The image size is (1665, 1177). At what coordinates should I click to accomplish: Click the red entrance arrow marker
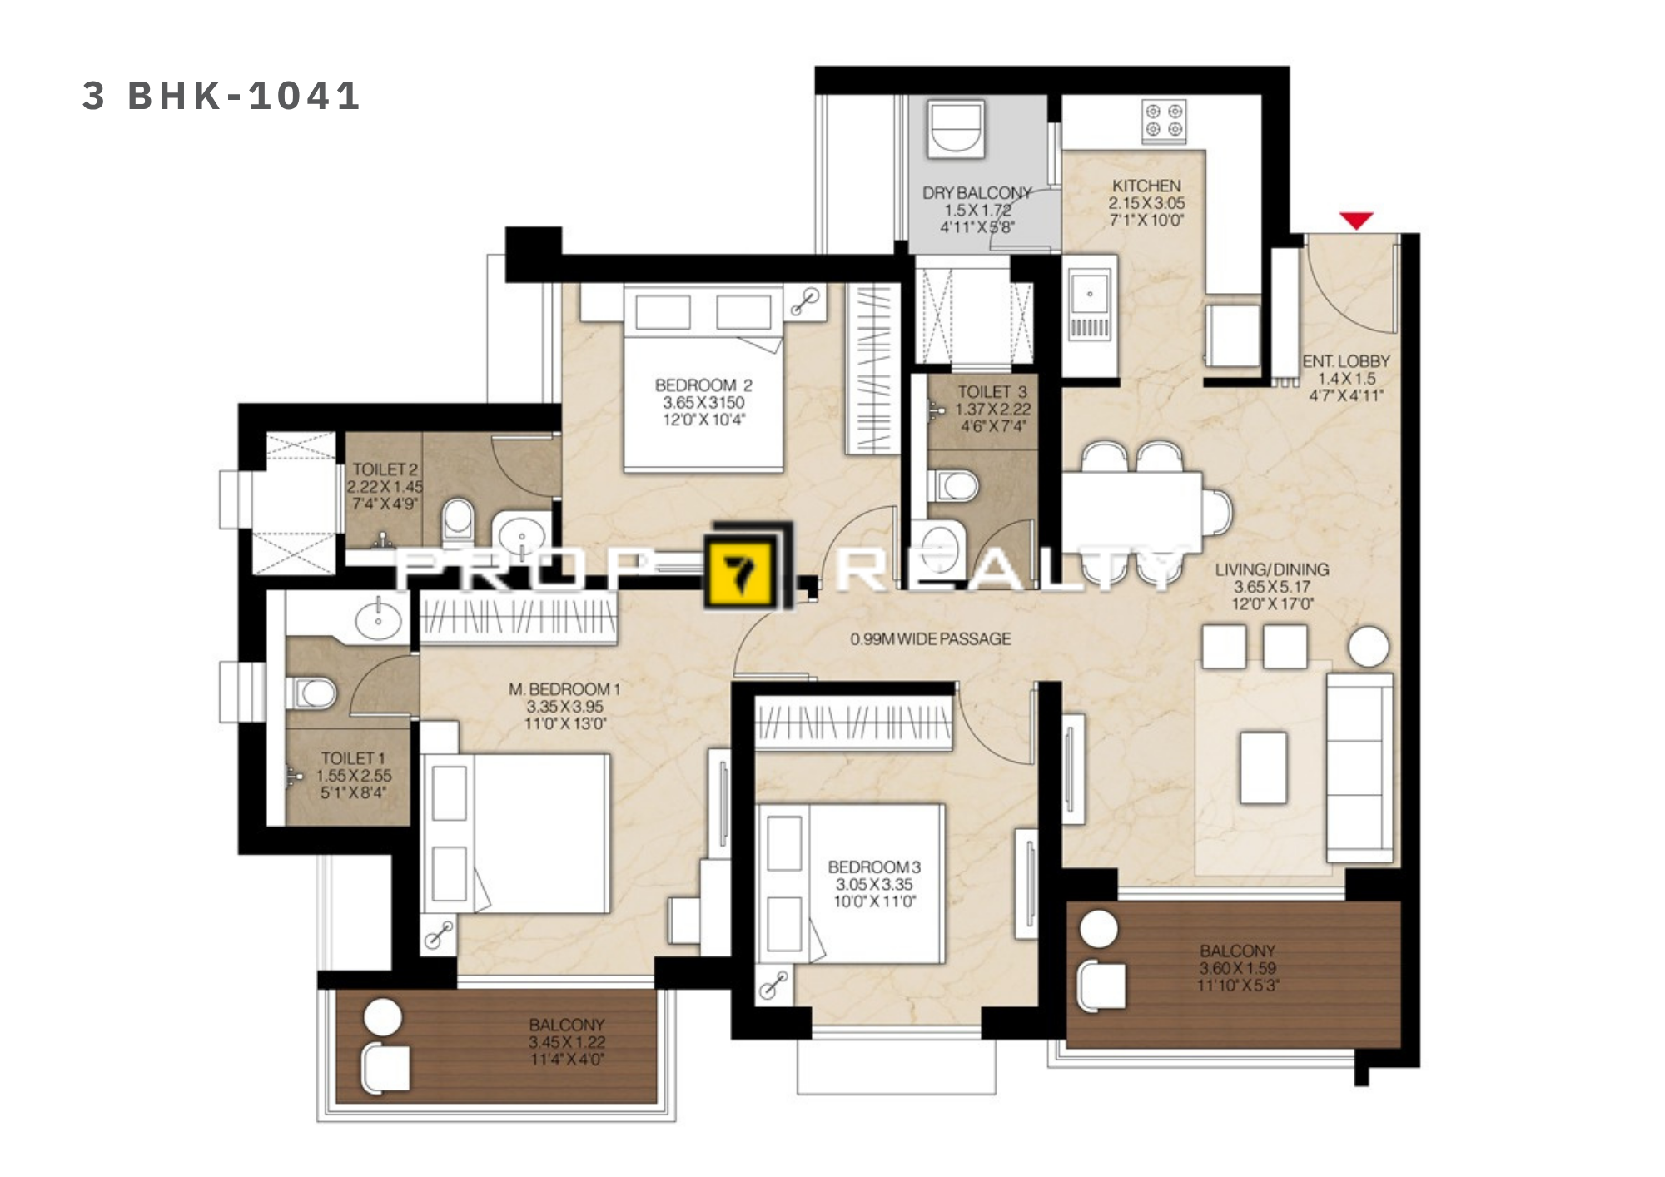click(1356, 221)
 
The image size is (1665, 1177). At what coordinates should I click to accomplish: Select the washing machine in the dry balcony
click(957, 127)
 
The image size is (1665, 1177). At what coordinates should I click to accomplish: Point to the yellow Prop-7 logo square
click(742, 572)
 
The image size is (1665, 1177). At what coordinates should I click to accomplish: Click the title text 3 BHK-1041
click(221, 96)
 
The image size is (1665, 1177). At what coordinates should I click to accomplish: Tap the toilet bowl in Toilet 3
click(953, 485)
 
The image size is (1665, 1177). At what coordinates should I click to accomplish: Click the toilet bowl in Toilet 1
click(311, 692)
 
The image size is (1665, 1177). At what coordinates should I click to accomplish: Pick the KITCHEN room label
click(1146, 186)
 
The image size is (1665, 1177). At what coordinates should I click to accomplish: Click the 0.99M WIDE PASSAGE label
click(930, 639)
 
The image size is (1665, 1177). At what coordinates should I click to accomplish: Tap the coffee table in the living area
click(1263, 767)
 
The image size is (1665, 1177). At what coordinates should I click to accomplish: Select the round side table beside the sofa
click(1369, 646)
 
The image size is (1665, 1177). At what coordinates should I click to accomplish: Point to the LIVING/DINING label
click(1271, 569)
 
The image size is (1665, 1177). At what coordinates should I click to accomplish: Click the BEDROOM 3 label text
click(874, 867)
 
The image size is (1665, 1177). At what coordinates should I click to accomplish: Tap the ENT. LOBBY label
click(1346, 361)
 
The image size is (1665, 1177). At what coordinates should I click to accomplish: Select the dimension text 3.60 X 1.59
click(1237, 968)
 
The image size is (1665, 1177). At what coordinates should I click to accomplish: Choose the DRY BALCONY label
click(977, 192)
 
